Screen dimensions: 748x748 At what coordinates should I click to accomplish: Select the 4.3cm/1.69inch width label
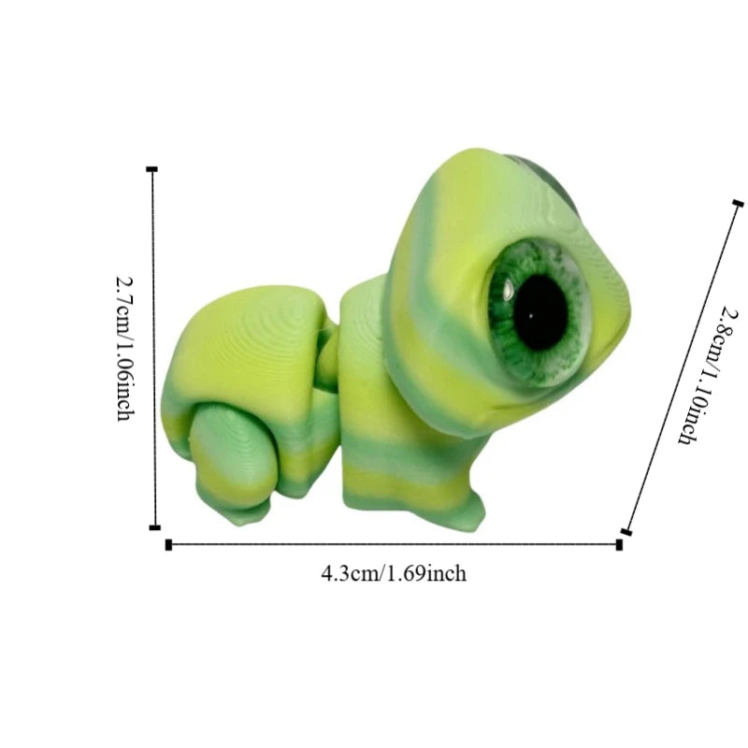[394, 573]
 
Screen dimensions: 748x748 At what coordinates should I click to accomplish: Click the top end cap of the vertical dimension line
[152, 169]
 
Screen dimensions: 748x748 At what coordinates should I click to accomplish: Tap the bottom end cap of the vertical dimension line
[155, 527]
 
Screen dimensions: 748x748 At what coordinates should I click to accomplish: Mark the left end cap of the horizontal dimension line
[168, 544]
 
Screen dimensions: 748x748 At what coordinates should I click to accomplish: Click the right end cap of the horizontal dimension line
[619, 544]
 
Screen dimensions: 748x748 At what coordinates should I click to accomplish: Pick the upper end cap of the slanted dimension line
[738, 203]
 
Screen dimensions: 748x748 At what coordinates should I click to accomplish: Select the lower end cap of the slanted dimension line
[626, 532]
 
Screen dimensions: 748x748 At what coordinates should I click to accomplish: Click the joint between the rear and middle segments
[327, 365]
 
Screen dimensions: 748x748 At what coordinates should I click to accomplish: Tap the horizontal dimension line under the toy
[393, 544]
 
